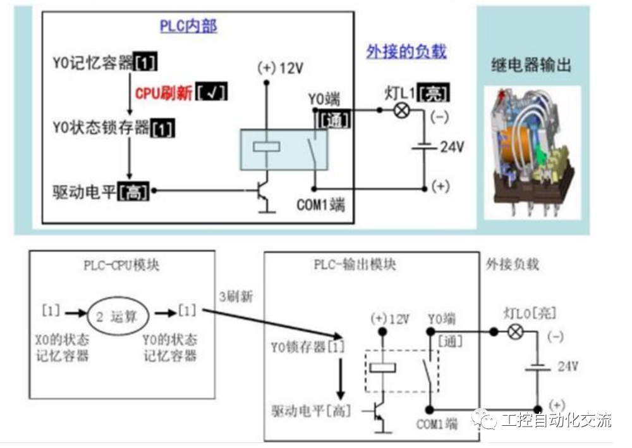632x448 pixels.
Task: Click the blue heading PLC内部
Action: click(x=188, y=26)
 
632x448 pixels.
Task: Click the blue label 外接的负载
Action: click(x=406, y=51)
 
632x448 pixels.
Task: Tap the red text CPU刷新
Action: click(x=164, y=92)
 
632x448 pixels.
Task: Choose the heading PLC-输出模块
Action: click(x=355, y=264)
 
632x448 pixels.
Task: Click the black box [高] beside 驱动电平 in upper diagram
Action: click(x=134, y=190)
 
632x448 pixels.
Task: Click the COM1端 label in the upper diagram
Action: click(x=321, y=206)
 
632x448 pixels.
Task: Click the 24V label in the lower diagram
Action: click(x=566, y=366)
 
